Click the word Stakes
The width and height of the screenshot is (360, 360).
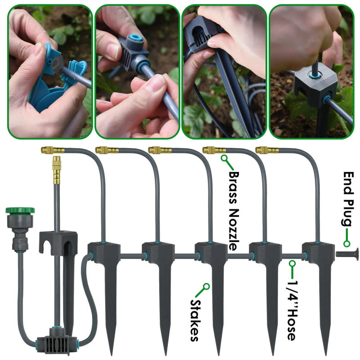[x=195, y=321]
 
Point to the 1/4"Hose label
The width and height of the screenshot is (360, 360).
[x=291, y=310]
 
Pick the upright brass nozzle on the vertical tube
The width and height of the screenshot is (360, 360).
[x=56, y=169]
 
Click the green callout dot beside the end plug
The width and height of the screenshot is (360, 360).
[x=346, y=243]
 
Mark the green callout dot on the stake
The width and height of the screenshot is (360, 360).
[x=206, y=286]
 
